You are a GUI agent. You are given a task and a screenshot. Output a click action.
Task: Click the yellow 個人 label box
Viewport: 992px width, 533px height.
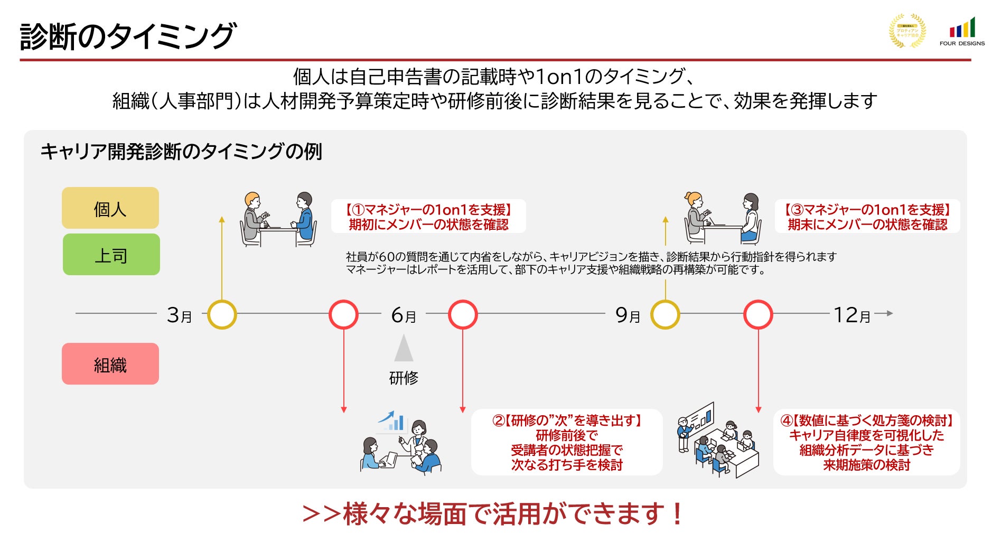(x=110, y=208)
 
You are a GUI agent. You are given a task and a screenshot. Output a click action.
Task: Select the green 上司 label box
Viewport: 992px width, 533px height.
(x=111, y=255)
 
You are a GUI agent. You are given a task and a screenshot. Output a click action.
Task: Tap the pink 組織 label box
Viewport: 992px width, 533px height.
(x=110, y=364)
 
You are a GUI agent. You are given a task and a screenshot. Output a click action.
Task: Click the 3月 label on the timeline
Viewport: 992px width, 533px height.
(x=179, y=315)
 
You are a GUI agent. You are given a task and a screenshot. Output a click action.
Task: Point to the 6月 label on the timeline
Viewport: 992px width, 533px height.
(x=404, y=315)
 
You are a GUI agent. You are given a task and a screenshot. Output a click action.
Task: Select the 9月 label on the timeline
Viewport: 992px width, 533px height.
(x=628, y=315)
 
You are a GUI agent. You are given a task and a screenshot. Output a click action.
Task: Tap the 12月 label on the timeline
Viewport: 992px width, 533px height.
(x=851, y=315)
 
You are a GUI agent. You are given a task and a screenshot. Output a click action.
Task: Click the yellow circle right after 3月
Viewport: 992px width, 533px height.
(x=222, y=315)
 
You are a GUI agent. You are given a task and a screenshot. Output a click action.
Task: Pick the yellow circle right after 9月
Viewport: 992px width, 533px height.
(x=665, y=315)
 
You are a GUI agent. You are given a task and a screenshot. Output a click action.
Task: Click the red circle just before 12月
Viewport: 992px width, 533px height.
(x=758, y=315)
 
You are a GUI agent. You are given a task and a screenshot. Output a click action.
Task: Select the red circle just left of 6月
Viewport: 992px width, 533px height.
(x=343, y=315)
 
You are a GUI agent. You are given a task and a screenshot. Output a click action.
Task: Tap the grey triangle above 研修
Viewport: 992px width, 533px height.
(x=404, y=349)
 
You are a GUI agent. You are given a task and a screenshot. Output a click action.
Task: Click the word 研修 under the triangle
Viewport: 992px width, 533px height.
(x=404, y=378)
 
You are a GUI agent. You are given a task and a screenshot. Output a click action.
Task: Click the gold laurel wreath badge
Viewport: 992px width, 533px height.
(x=907, y=31)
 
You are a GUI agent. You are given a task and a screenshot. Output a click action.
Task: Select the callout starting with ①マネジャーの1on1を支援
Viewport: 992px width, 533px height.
(x=428, y=217)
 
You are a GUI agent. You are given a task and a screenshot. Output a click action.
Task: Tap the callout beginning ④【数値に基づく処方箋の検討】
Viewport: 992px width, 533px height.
(x=867, y=442)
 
